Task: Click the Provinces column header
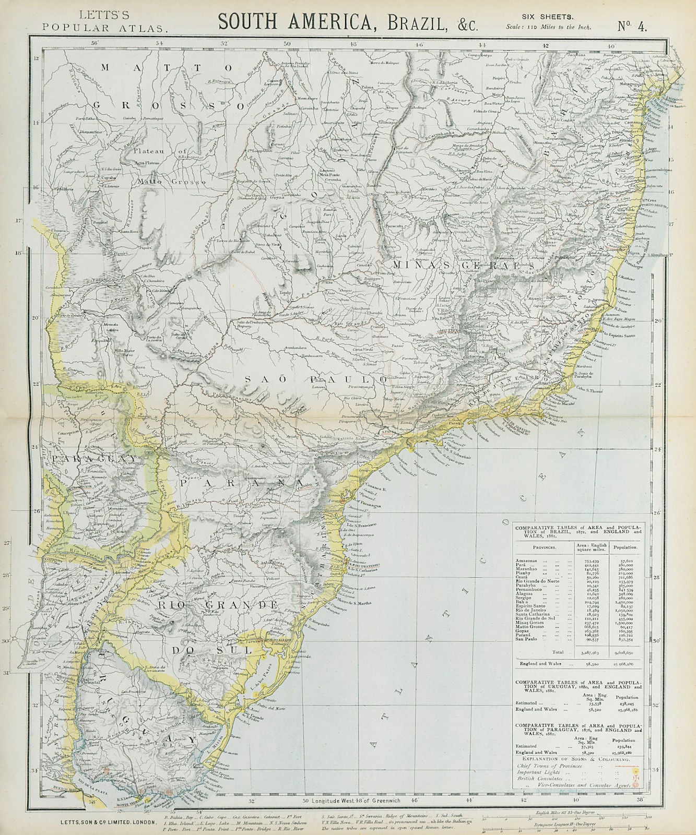[x=545, y=547]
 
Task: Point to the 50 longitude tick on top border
[x=287, y=45]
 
